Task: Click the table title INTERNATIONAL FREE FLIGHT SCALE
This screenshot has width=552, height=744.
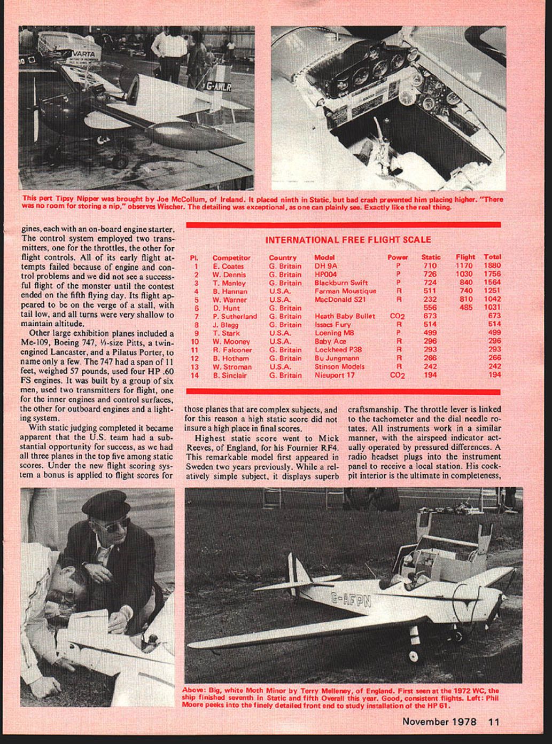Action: click(348, 240)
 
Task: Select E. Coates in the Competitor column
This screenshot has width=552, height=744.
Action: click(228, 266)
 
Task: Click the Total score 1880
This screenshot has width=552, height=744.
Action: click(492, 265)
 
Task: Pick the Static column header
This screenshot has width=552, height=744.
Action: click(431, 257)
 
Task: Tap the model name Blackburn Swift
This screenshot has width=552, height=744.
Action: click(341, 283)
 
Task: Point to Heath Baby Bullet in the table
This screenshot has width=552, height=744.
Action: click(345, 316)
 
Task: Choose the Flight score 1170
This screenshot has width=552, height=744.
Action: click(464, 265)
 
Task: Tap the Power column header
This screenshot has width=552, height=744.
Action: click(398, 257)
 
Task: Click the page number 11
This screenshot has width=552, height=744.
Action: click(494, 722)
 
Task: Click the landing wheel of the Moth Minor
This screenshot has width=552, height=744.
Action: click(413, 655)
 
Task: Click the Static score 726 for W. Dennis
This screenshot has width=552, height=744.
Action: click(430, 274)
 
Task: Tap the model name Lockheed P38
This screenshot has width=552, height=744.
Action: click(338, 350)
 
